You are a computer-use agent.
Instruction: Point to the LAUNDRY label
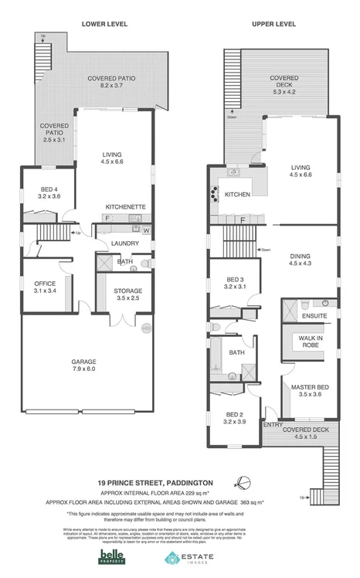pyautogui.click(x=124, y=243)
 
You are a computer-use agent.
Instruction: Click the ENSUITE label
pyautogui.click(x=314, y=316)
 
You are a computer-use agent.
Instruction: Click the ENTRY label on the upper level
pyautogui.click(x=272, y=424)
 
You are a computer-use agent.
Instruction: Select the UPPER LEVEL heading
pyautogui.click(x=274, y=24)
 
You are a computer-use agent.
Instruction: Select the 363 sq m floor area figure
pyautogui.click(x=253, y=502)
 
